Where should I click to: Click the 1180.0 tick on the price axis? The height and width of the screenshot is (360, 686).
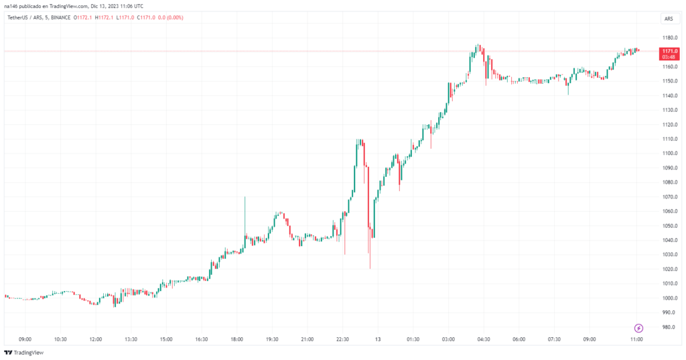pos(669,38)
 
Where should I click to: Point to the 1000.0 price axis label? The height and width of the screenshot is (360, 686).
pos(669,298)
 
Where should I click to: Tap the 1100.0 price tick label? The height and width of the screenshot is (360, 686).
pos(669,154)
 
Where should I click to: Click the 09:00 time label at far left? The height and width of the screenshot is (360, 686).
pos(25,339)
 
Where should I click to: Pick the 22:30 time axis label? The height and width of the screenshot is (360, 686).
pos(342,339)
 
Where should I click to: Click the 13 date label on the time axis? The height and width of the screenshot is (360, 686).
pos(378,339)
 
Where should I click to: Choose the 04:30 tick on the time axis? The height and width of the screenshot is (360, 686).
pos(484,339)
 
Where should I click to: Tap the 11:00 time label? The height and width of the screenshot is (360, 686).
pos(636,339)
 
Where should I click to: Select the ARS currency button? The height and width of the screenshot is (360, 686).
pos(669,19)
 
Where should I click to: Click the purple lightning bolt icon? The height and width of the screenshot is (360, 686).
pos(638,328)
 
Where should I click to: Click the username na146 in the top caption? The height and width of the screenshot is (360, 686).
pos(11,5)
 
